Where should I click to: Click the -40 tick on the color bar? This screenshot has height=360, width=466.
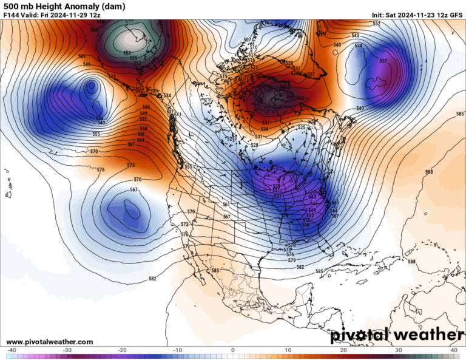12,350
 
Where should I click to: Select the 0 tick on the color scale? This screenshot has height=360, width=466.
233,350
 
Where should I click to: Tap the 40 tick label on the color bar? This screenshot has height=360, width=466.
454,350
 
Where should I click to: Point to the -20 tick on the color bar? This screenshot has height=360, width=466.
122,350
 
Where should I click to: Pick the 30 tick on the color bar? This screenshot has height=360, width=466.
399,350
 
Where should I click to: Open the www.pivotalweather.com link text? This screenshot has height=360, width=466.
50,342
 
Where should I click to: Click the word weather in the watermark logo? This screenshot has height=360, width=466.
428,335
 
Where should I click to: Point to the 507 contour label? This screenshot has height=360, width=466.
247,40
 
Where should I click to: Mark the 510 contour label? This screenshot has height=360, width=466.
254,47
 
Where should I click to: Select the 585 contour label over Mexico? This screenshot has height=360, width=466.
215,270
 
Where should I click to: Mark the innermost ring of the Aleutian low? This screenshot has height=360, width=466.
92,86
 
